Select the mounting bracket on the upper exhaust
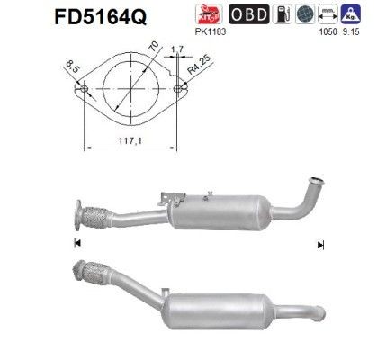171,194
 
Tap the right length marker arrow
320,245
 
